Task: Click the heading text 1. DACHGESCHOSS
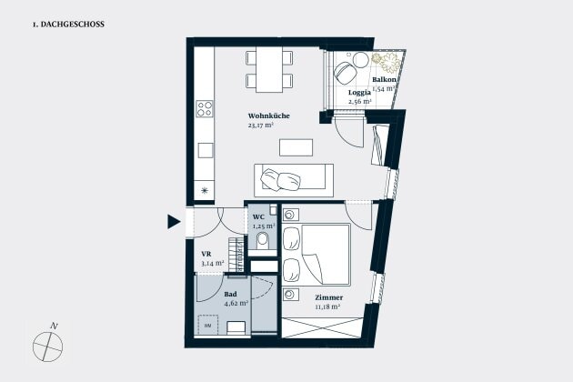point(68,25)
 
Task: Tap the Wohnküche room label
point(268,116)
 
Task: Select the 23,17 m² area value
point(261,125)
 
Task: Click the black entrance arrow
point(174,222)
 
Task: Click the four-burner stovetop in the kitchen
point(205,108)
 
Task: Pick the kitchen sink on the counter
point(206,150)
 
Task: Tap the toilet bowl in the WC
point(262,240)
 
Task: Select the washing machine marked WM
point(208,325)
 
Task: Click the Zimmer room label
point(329,297)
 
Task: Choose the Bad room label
point(230,294)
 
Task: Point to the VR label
point(206,254)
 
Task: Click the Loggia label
point(359,93)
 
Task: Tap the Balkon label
point(384,79)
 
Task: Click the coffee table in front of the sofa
point(296,147)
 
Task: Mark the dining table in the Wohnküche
point(269,69)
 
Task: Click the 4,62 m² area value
point(236,303)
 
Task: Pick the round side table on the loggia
point(361,60)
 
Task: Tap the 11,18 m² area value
point(327,307)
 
